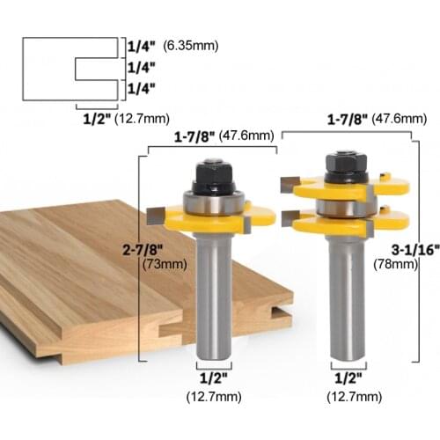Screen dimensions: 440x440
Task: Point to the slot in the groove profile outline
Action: click(95, 68)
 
